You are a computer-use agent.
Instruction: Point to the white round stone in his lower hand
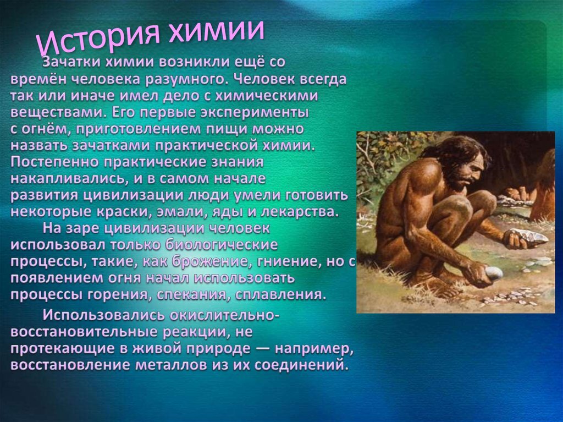(494, 272)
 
